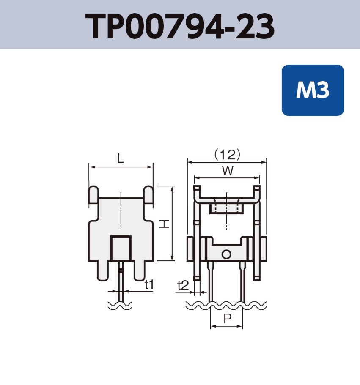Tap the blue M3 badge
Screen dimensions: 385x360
(313, 90)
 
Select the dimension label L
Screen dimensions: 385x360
(121, 159)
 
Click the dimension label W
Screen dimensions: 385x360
(227, 171)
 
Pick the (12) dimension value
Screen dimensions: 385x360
(227, 155)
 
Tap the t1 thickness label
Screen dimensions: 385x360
(148, 285)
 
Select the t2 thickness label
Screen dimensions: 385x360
(183, 285)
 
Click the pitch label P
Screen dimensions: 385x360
(227, 319)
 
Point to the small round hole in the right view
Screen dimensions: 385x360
(226, 254)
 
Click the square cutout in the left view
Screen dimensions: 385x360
(121, 248)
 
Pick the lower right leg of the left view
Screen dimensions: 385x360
(139, 270)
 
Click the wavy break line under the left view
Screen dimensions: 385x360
(120, 305)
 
